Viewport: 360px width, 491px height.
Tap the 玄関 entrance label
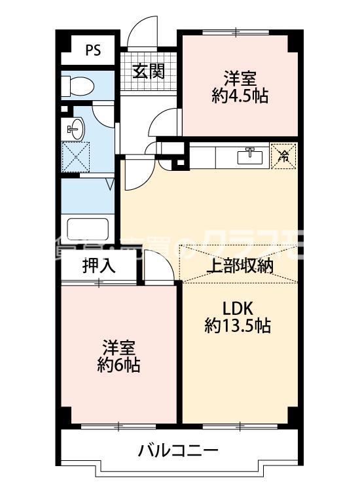click(149, 70)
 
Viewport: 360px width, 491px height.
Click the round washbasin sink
click(75, 128)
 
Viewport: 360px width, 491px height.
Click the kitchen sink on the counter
click(250, 156)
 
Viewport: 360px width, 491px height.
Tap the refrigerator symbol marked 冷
click(283, 156)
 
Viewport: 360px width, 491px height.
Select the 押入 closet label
click(98, 266)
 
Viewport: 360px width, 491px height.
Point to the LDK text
click(237, 308)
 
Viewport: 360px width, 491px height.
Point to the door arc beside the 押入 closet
click(157, 266)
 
